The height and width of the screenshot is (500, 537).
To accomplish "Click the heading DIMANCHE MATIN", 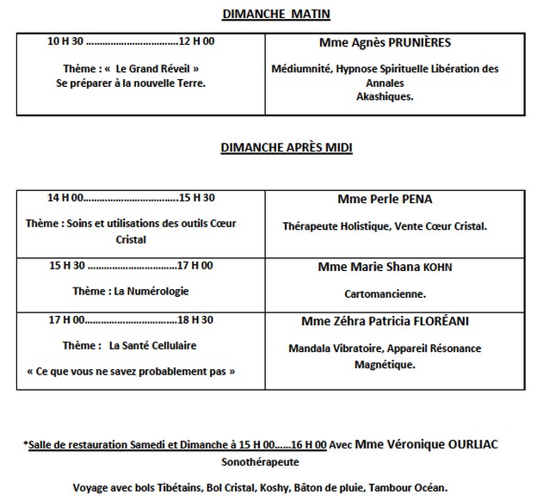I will click(265, 14).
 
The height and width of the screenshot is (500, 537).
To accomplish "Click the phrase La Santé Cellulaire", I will click(152, 345).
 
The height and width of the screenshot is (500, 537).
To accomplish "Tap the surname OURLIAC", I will click(465, 444).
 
